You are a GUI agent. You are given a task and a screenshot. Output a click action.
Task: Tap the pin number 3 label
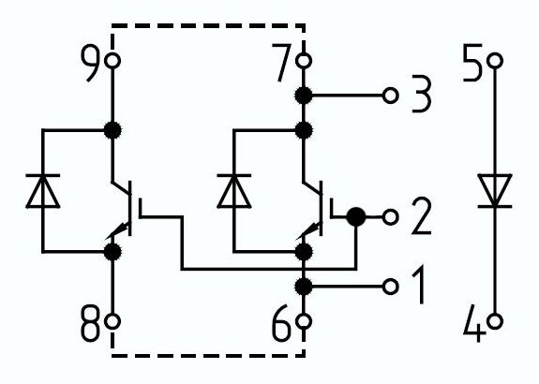coord(419,96)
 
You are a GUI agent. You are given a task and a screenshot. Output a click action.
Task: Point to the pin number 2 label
coord(421,219)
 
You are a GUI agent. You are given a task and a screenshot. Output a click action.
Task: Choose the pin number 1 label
coord(417,286)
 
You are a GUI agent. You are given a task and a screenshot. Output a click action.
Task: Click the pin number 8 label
coord(90,324)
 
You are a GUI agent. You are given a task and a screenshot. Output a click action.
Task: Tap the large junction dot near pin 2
coord(355,217)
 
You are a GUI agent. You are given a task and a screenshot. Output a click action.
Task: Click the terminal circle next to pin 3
coord(391,95)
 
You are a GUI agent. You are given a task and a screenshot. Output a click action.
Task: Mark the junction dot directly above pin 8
coord(113,252)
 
